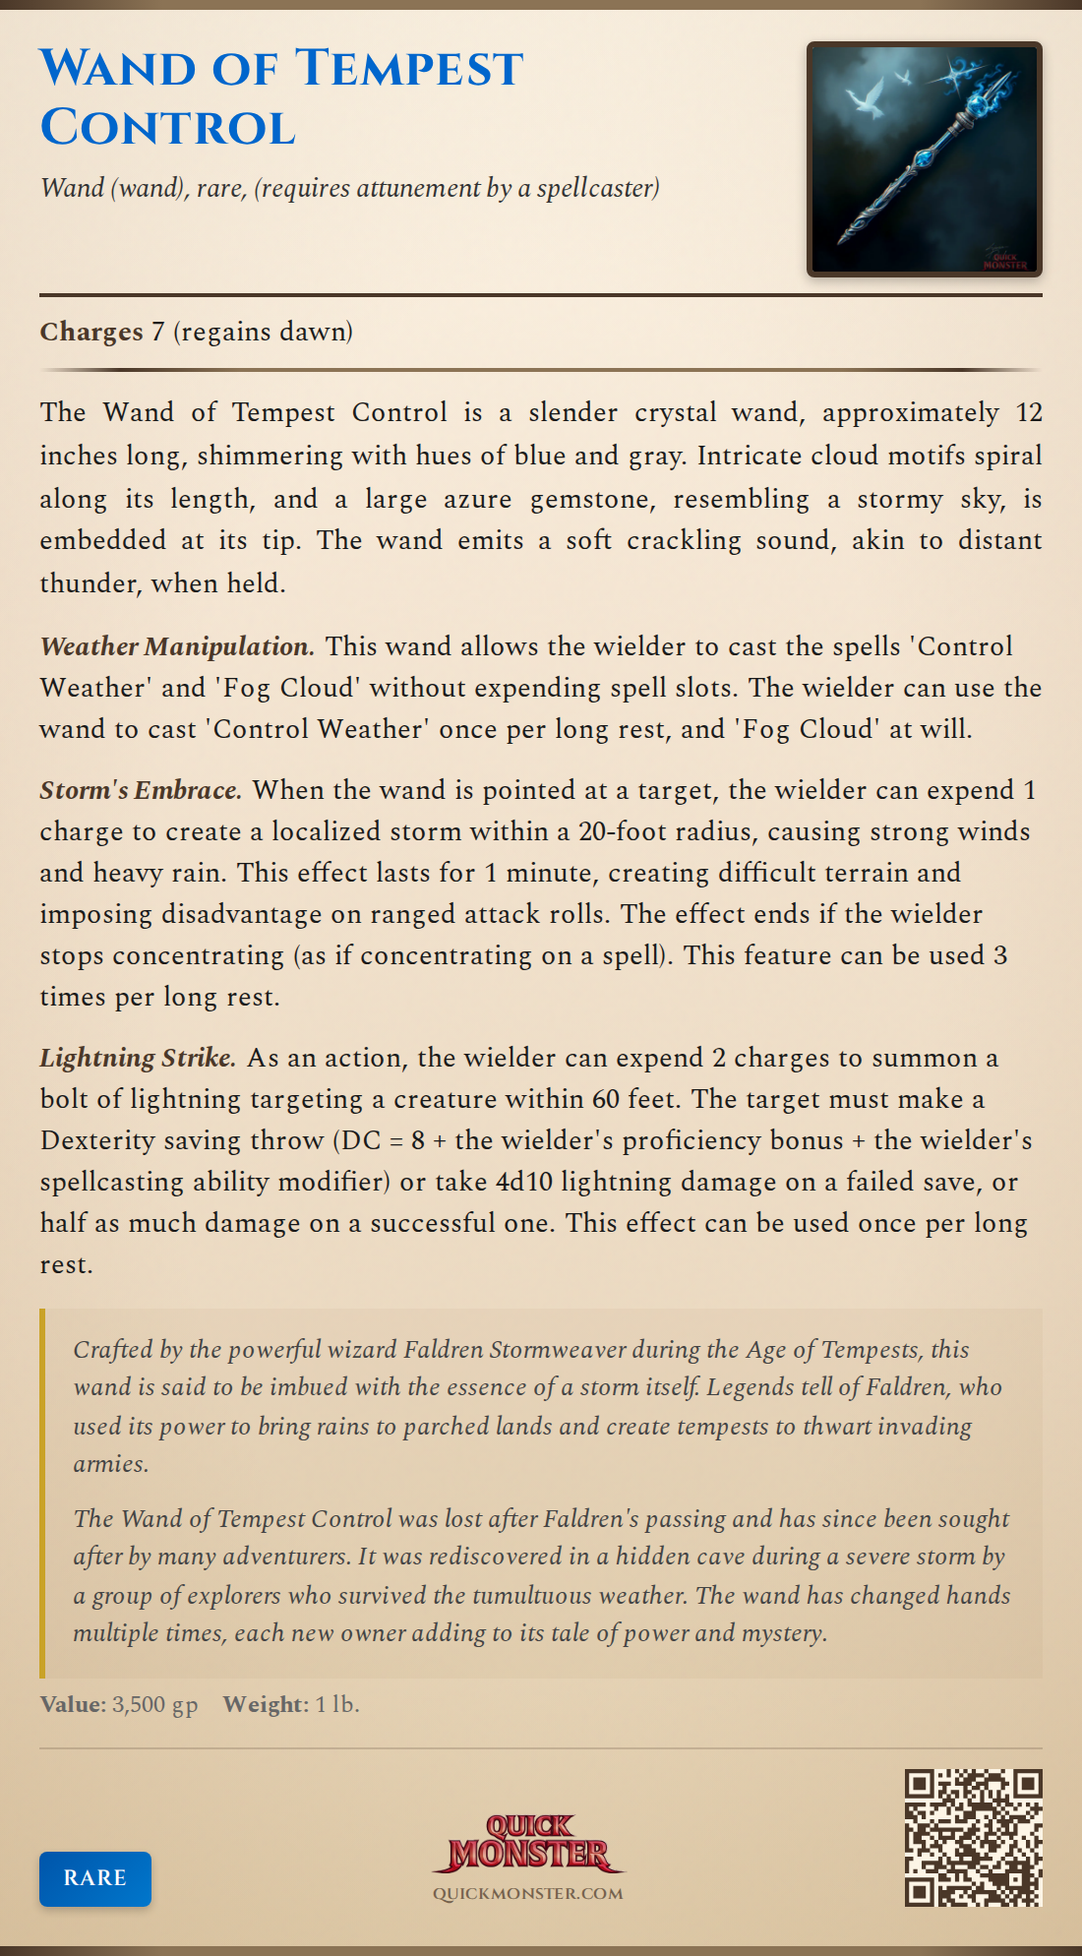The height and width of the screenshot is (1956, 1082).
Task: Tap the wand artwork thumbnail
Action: [924, 159]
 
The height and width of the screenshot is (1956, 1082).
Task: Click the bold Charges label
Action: [91, 332]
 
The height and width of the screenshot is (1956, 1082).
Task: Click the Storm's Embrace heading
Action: [141, 790]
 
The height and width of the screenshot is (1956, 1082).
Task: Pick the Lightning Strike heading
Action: [138, 1058]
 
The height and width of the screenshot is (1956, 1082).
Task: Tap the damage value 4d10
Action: [524, 1182]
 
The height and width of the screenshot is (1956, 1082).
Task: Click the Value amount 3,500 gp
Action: [154, 1704]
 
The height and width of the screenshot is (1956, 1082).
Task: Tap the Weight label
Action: [266, 1704]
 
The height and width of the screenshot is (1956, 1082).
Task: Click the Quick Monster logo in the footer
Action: [528, 1844]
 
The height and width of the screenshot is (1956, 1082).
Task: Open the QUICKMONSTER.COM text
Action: [528, 1893]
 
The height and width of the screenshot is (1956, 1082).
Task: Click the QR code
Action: [973, 1838]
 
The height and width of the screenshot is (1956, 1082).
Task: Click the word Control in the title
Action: [167, 128]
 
